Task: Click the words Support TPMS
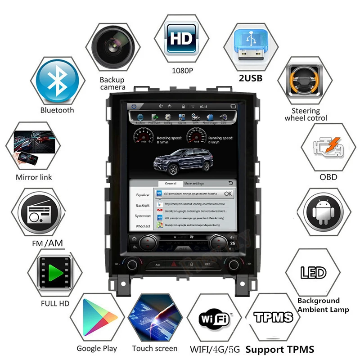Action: [280, 349]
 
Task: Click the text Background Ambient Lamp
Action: [323, 305]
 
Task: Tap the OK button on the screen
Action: [228, 193]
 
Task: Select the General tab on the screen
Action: [170, 184]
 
